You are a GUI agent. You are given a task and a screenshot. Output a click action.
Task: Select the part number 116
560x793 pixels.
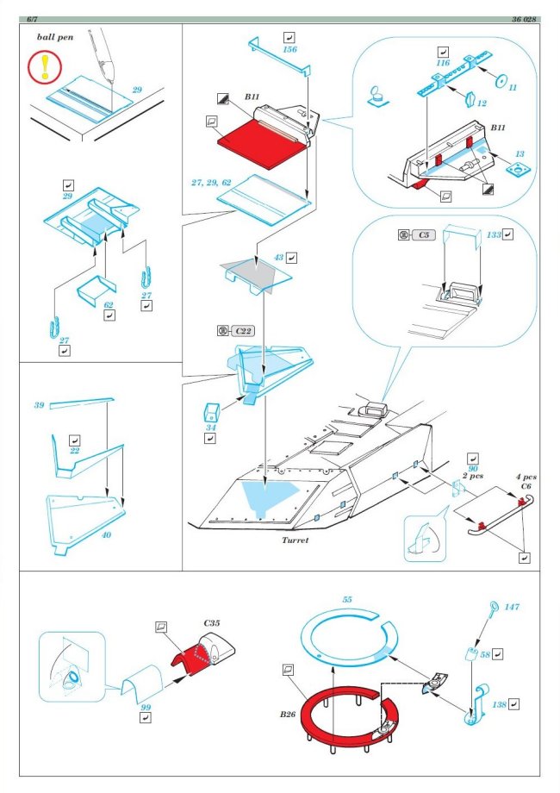coord(444,65)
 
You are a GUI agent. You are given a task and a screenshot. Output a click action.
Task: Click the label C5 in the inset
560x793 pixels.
coord(423,234)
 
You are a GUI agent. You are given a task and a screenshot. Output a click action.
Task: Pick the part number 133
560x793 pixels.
coord(495,234)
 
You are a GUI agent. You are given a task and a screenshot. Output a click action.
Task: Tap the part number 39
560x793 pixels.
coord(39,405)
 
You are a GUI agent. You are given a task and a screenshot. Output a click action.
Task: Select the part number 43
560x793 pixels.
coord(278,257)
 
